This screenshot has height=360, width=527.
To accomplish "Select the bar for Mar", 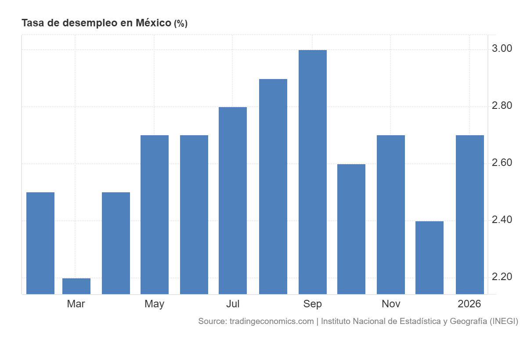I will click(x=76, y=286).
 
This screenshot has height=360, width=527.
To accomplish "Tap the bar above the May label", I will click(x=155, y=215).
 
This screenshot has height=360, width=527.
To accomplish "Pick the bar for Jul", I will click(x=233, y=201).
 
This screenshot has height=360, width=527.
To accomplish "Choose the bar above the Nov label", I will click(x=391, y=215).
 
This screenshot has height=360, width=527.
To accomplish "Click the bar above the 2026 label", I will click(x=470, y=215).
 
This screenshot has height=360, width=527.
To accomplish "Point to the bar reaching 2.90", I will click(x=273, y=187).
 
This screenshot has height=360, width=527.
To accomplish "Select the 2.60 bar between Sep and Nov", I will click(x=351, y=229).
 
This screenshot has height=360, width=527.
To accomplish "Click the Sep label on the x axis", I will click(x=312, y=304).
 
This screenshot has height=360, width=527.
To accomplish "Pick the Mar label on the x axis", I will click(x=76, y=304).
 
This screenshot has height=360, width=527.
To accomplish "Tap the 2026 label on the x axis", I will click(x=469, y=304).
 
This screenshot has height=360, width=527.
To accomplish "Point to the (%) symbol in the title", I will click(x=180, y=24).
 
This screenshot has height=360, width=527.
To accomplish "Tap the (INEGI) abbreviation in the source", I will click(x=504, y=321).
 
